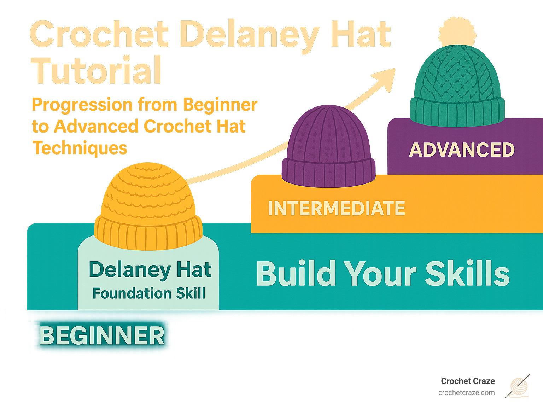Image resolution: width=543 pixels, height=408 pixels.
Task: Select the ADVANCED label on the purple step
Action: coord(462,150)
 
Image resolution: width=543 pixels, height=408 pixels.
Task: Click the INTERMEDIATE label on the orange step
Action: coord(336,208)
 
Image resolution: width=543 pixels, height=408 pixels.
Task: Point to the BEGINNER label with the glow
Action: coord(101,336)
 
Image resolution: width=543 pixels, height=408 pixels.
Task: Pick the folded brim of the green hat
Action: coord(457,111)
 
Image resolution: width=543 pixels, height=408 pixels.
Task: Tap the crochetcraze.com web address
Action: coord(466,393)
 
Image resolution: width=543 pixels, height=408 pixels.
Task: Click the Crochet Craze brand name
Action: coord(468,381)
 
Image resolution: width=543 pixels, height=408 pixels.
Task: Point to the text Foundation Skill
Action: coord(148,293)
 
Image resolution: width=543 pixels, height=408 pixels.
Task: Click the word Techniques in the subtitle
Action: coord(80,148)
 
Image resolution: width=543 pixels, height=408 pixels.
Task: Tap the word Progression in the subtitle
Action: coord(82,105)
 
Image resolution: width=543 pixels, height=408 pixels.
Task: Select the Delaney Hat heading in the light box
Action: coord(150,270)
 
